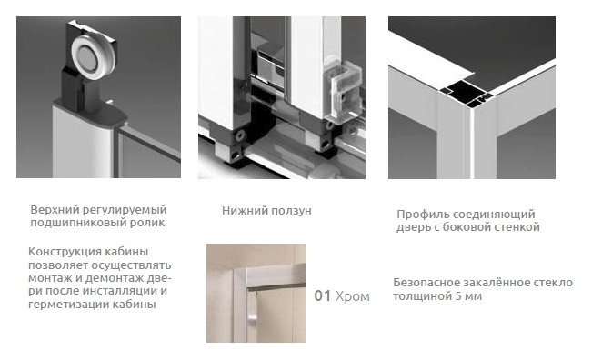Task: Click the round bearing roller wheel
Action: coord(89,60)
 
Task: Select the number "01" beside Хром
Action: coord(323,295)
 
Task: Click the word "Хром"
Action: coord(353,296)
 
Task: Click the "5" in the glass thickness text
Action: coord(458,295)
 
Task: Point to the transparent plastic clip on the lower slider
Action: coord(345,90)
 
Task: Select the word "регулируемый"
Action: coord(125,210)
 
